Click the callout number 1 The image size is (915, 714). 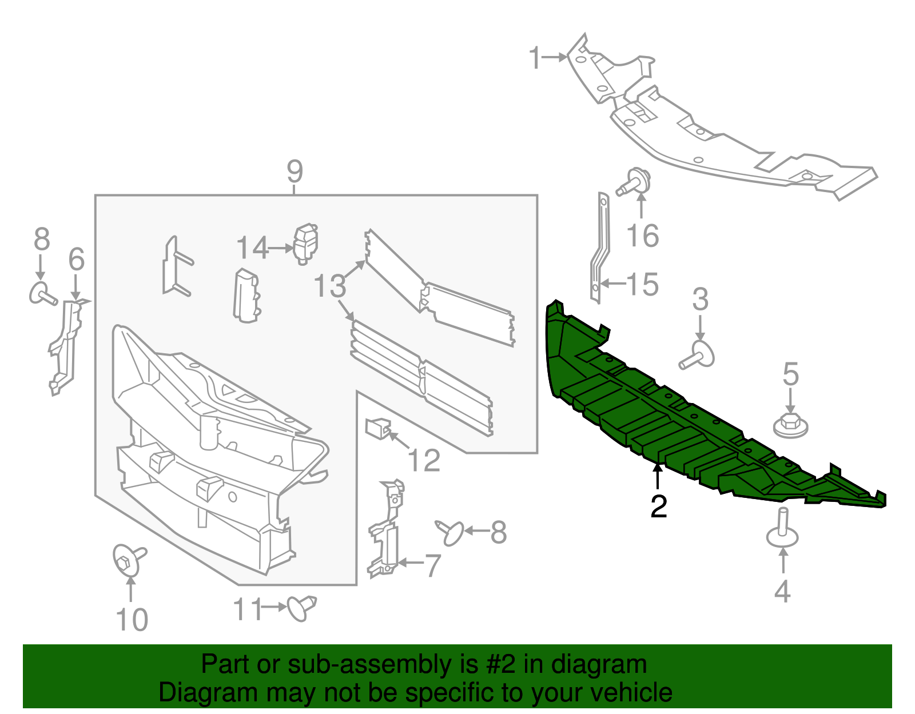coord(535,58)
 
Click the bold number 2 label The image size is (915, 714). coord(659,506)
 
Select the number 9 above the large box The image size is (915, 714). coord(294,171)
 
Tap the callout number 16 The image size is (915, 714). coord(643,236)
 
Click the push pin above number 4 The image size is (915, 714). coord(782,529)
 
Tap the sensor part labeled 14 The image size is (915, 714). coord(305,244)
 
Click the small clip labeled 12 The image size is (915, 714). coord(378,428)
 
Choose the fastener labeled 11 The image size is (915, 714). coord(301,607)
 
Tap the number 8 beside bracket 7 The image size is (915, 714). coord(498,532)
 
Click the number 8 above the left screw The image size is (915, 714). coord(42,240)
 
